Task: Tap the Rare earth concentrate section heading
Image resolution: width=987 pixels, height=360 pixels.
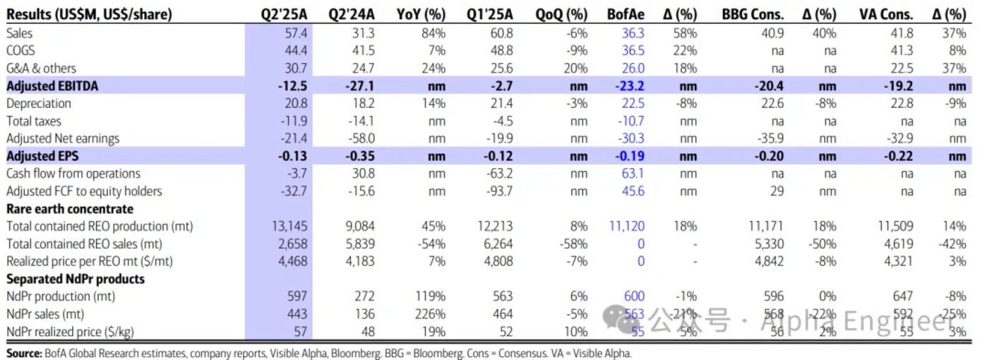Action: click(69, 209)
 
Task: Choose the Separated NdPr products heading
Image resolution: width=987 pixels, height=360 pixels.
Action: click(75, 279)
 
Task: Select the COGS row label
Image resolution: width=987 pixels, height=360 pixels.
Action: click(21, 51)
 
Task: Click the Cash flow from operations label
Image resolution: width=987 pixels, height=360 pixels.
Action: click(73, 174)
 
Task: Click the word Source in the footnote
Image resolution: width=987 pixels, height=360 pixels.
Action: click(22, 352)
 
